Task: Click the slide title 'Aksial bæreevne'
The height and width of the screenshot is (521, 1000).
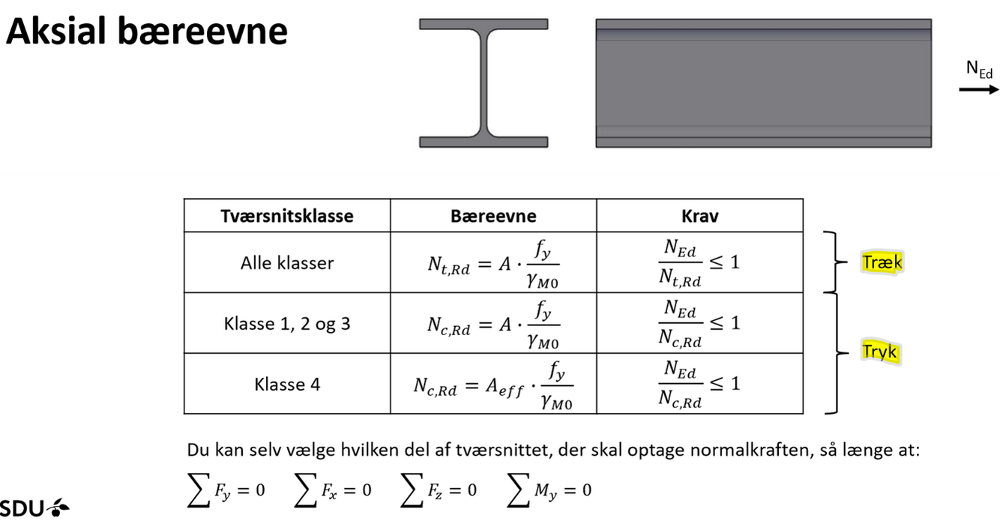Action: pyautogui.click(x=147, y=32)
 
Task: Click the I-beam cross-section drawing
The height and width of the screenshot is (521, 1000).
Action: pyautogui.click(x=484, y=82)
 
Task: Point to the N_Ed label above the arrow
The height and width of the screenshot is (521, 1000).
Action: pyautogui.click(x=979, y=70)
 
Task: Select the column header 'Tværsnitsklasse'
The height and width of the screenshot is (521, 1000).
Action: pyautogui.click(x=287, y=216)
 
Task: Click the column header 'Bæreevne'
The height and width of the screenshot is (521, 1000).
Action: pyautogui.click(x=493, y=216)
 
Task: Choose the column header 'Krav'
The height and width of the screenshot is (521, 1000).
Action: pyautogui.click(x=699, y=216)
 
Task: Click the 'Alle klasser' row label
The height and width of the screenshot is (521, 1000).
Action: pyautogui.click(x=287, y=263)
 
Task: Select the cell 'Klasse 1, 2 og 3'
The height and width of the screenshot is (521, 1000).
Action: pyautogui.click(x=287, y=324)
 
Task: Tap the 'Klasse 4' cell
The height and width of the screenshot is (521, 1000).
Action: pyautogui.click(x=287, y=385)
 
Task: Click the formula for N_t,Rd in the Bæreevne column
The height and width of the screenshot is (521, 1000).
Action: pyautogui.click(x=493, y=263)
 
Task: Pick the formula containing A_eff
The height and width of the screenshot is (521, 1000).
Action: pyautogui.click(x=493, y=385)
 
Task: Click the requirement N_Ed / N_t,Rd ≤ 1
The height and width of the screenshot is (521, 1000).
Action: pyautogui.click(x=699, y=263)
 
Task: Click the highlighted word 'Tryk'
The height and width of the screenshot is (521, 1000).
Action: pyautogui.click(x=879, y=352)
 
